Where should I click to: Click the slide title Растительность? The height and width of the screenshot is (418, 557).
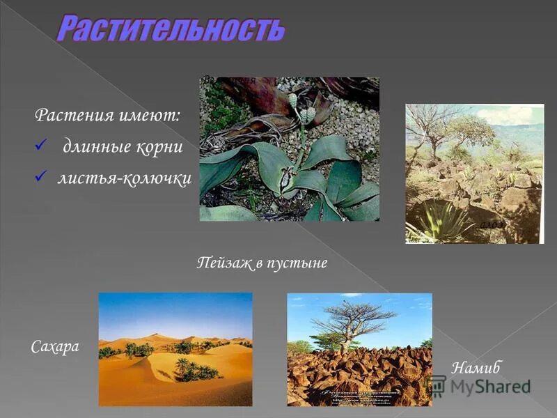171,29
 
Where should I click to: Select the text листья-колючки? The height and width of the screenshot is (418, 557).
124,179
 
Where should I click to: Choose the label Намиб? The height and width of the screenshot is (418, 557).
476,367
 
